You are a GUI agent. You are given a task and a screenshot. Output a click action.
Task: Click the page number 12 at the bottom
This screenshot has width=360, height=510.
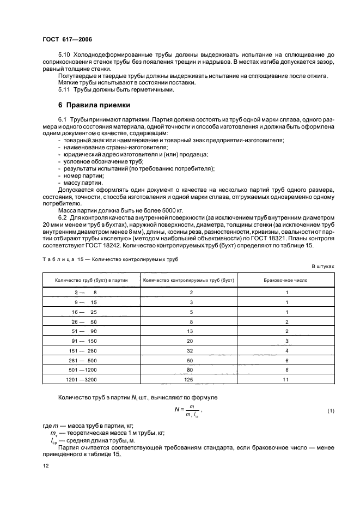45,466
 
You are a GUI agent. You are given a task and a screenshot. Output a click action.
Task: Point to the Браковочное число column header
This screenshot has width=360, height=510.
285,281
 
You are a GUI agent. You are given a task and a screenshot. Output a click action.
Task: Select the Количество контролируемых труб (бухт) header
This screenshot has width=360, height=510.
188,281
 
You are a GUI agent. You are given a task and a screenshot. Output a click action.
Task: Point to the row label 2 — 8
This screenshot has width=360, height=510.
86,293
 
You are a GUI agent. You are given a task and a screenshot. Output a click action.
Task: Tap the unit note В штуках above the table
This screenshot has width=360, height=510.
322,266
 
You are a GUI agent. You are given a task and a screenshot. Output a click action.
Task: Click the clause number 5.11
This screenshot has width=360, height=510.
65,90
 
